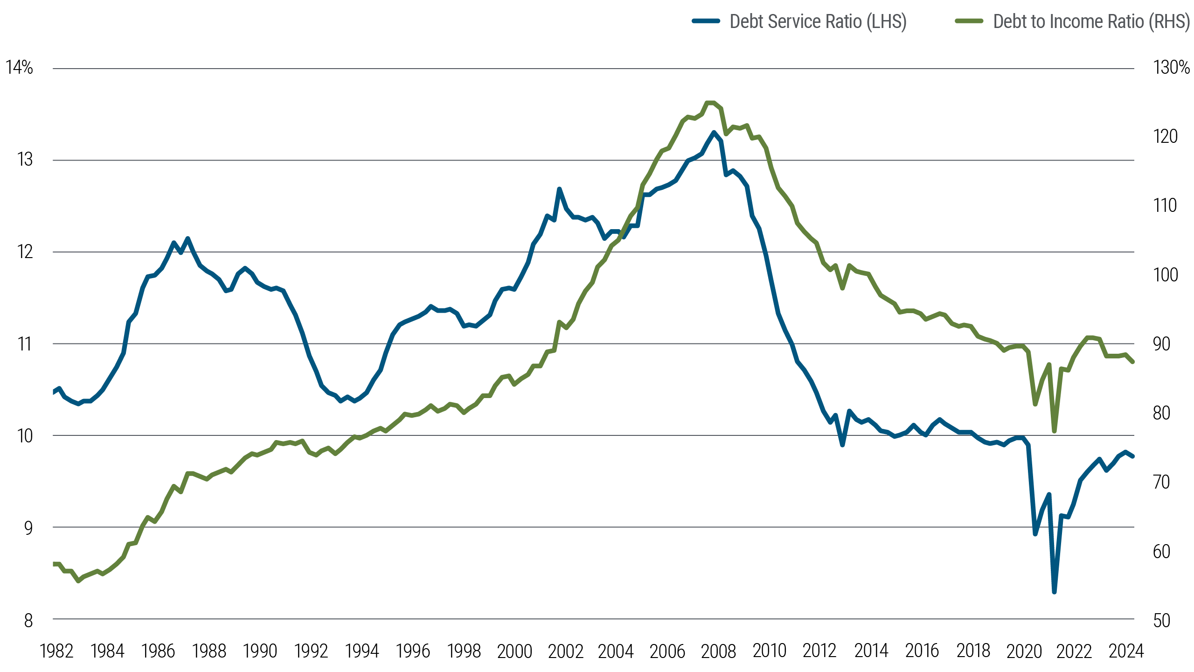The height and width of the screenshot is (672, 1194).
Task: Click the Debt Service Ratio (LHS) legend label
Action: [x=818, y=21]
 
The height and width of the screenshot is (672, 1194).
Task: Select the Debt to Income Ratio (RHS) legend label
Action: [x=1091, y=21]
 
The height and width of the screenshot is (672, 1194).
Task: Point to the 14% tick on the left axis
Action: [x=20, y=68]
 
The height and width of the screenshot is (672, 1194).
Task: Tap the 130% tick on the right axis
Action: [x=1171, y=68]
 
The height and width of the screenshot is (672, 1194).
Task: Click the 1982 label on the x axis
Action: [x=57, y=651]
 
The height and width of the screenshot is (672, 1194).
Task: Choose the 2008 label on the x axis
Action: [x=718, y=651]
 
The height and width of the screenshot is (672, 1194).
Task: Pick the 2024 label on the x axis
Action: [x=1126, y=651]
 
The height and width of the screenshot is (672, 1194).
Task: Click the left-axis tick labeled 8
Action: [x=28, y=620]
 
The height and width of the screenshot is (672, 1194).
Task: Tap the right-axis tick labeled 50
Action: [x=1161, y=620]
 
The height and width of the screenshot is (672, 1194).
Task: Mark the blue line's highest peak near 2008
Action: [x=714, y=132]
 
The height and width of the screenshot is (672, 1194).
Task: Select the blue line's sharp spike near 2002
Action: [x=559, y=189]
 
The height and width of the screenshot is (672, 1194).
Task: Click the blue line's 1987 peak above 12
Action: [x=187, y=238]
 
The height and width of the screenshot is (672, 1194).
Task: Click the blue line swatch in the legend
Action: [x=706, y=21]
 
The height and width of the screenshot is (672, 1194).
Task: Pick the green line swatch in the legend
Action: [x=969, y=21]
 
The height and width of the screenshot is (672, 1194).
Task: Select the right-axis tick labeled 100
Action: [x=1165, y=275]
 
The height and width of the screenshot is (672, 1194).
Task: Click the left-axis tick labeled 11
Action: [x=25, y=344]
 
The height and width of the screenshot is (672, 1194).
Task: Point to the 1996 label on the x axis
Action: [x=413, y=651]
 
